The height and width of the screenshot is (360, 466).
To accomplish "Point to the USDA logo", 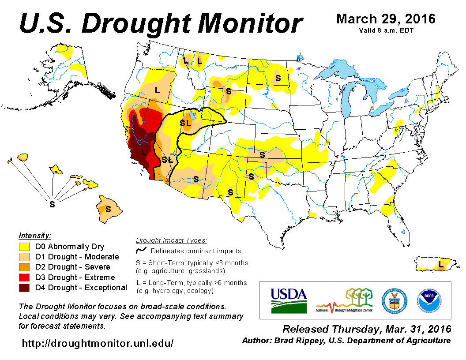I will click(289, 300).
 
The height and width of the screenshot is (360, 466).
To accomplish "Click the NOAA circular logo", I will click(428, 300).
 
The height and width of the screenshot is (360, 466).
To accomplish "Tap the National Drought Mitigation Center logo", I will click(345, 300).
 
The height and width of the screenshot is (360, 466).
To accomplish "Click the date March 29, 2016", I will click(386, 19).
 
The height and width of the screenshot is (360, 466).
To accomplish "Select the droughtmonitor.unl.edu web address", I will click(98, 343).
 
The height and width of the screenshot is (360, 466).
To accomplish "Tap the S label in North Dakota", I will click(278, 78).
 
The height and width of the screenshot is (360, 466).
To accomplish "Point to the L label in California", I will click(143, 152).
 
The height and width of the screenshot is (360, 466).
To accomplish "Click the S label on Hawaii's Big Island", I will click(108, 207).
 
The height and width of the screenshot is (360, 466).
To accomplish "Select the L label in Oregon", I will click(157, 90).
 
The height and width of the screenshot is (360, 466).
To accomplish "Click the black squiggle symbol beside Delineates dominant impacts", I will click(141, 251).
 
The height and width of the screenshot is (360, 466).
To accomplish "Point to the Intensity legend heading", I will click(35, 235).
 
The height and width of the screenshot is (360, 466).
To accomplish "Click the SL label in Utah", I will click(185, 123).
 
